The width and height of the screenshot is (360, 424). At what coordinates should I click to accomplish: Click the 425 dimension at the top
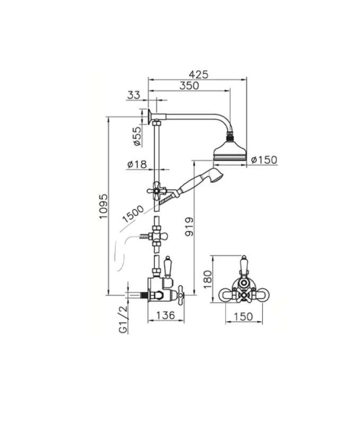pyautogui.click(x=197, y=74)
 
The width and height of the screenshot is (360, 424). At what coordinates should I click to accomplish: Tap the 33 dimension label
pyautogui.click(x=134, y=95)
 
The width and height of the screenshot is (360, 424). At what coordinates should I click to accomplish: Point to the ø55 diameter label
pyautogui.click(x=137, y=136)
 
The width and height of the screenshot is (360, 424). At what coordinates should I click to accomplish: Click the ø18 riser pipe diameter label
pyautogui.click(x=137, y=165)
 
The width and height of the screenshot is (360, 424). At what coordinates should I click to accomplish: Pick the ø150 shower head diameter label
pyautogui.click(x=264, y=160)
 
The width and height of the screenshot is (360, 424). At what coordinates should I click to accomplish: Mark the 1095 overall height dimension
pyautogui.click(x=103, y=206)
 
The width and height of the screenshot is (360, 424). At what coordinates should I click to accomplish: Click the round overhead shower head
pyautogui.click(x=230, y=152)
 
